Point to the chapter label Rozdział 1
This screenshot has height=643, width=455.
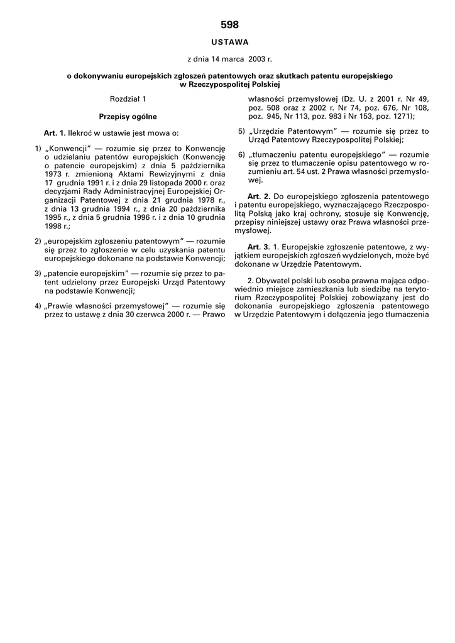(128, 99)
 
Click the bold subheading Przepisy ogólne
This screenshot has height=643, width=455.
(128, 116)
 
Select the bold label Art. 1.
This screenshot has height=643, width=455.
(55, 133)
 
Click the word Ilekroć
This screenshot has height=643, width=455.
(82, 133)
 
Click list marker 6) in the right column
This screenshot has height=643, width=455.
(241, 154)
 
